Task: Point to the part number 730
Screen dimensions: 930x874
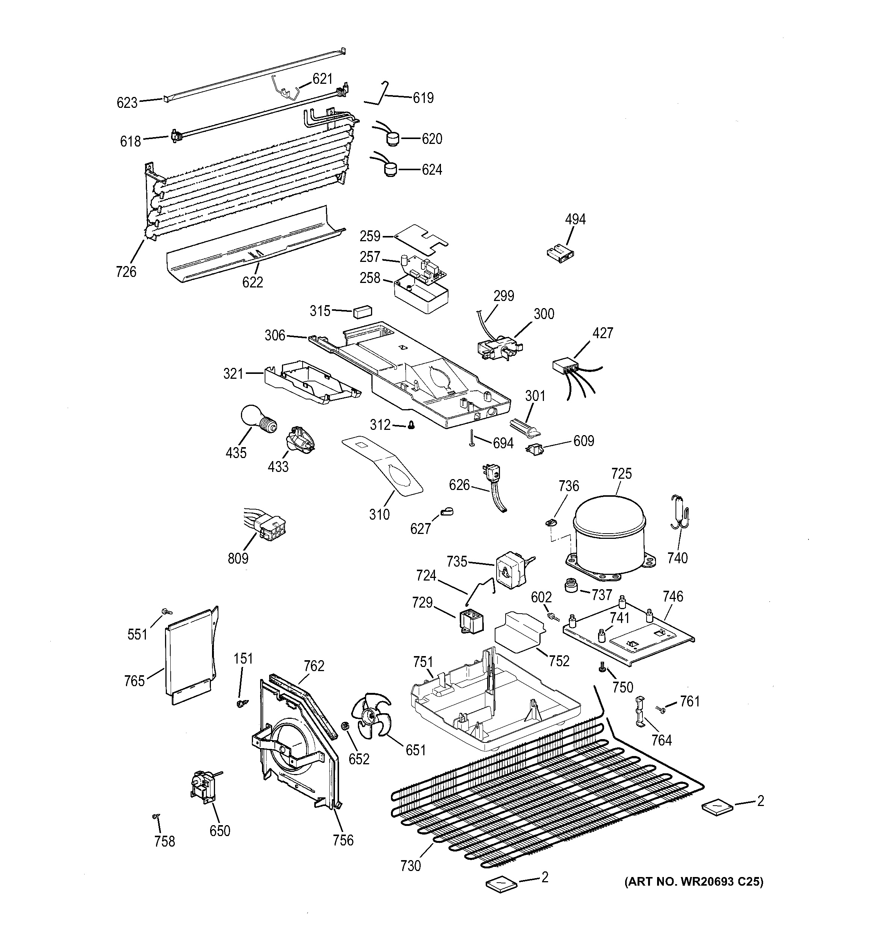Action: point(410,866)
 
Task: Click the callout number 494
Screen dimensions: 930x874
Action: point(575,219)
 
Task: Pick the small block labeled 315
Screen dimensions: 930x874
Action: point(363,312)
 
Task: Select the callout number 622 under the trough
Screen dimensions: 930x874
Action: point(253,282)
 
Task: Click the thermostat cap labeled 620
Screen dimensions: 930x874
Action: point(392,139)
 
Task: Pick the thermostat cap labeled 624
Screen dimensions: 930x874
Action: point(390,169)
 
